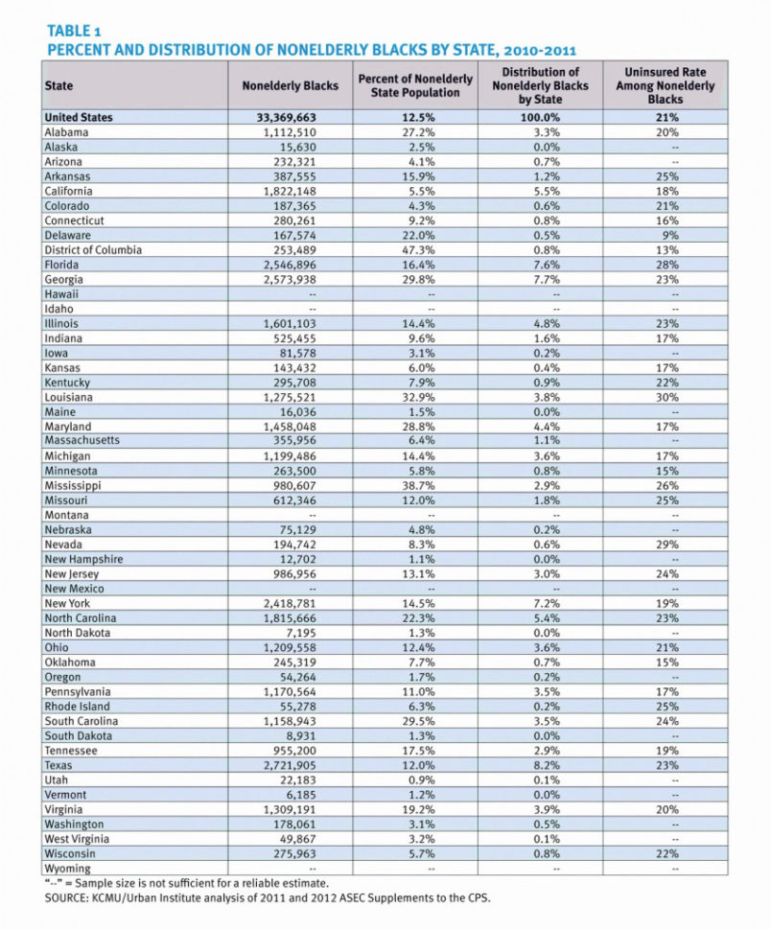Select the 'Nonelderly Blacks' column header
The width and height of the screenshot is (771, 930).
290,85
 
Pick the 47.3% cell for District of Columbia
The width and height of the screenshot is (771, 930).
413,250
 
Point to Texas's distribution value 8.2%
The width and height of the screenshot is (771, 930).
541,766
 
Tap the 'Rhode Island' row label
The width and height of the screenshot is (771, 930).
78,707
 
